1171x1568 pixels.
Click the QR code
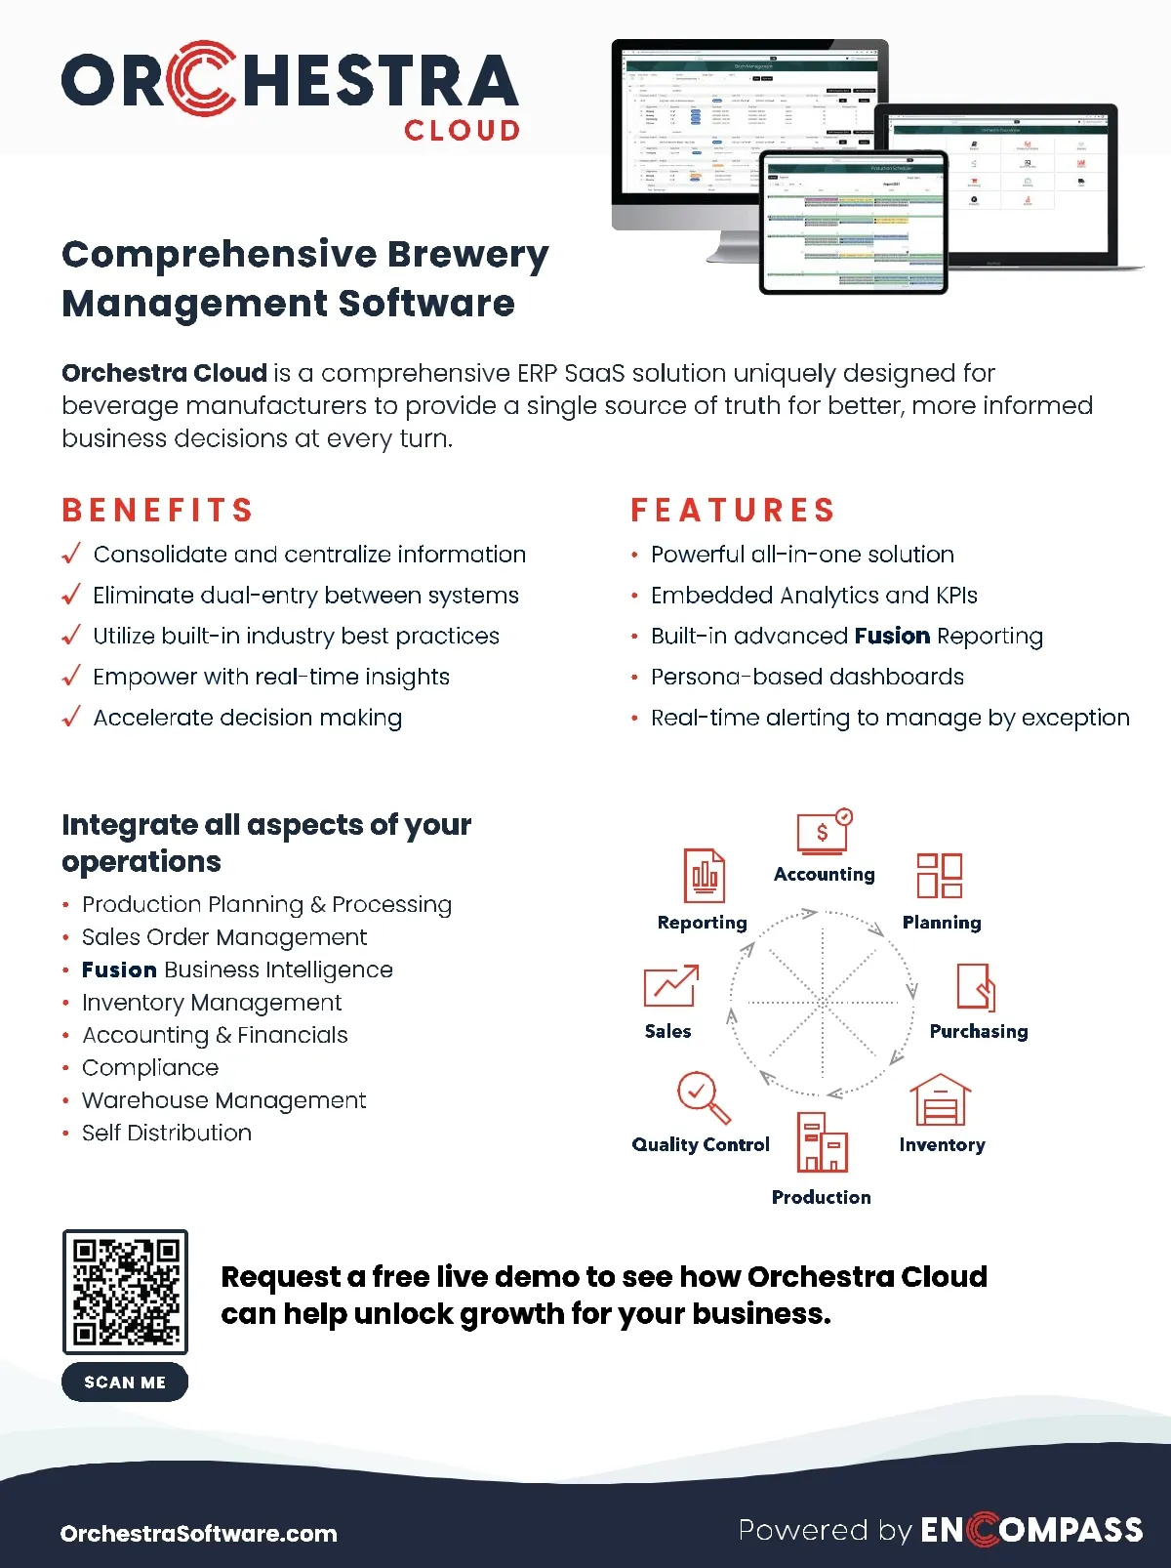point(125,1291)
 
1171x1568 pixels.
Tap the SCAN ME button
point(125,1382)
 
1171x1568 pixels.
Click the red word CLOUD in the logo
point(462,131)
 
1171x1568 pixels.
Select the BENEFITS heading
point(158,510)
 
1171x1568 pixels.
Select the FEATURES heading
point(734,510)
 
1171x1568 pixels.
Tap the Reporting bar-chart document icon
point(704,876)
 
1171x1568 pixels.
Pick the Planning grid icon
point(939,875)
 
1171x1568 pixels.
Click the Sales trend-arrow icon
point(671,986)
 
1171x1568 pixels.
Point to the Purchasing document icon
point(976,987)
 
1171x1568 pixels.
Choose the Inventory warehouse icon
point(941,1100)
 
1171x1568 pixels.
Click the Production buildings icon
point(822,1141)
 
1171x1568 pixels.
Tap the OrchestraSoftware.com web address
point(199,1533)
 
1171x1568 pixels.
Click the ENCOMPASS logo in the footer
point(1032,1530)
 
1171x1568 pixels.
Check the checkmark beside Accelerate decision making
point(70,718)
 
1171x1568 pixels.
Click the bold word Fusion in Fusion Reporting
point(892,637)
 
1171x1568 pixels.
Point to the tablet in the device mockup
point(853,223)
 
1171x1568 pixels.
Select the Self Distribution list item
point(167,1133)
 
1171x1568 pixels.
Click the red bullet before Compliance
point(65,1068)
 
